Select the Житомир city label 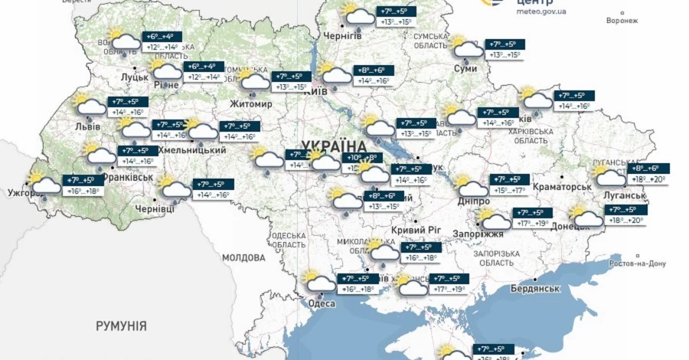tap(251, 104)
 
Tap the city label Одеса tap(322, 304)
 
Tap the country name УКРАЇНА tap(335, 146)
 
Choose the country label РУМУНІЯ tap(121, 326)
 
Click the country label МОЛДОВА tap(243, 258)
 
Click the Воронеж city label tap(622, 21)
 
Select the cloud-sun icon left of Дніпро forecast tap(469, 186)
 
